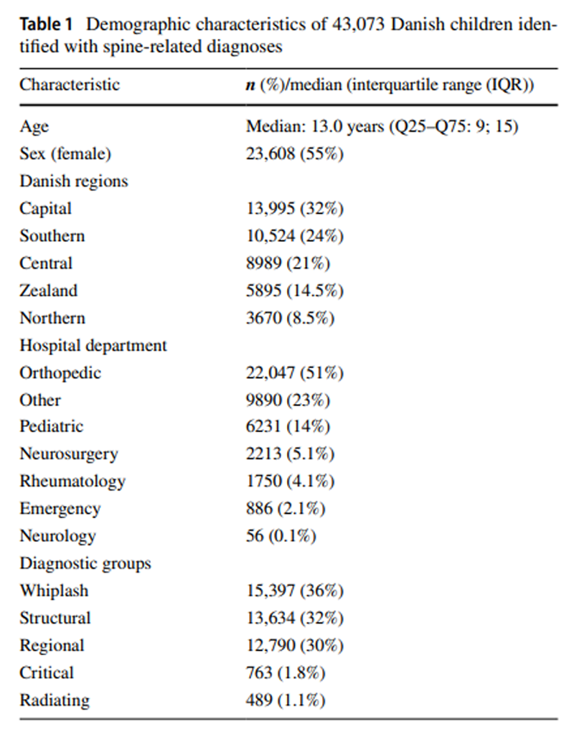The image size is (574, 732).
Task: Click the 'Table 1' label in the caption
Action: click(46, 24)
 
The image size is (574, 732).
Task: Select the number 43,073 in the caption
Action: click(358, 24)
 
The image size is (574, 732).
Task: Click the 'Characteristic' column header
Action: click(70, 85)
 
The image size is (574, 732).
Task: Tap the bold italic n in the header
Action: click(250, 85)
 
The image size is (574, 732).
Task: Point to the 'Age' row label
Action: click(34, 126)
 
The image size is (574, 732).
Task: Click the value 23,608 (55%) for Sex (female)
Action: click(295, 154)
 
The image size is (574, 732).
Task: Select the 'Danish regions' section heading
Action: click(74, 181)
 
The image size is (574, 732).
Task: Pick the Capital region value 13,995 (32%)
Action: click(295, 208)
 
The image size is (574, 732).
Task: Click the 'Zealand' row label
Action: click(49, 291)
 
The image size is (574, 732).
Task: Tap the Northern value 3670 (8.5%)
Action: click(291, 318)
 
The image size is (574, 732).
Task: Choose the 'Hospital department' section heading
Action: click(93, 345)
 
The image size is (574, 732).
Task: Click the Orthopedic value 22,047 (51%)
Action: click(295, 372)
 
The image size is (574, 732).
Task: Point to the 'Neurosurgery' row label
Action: click(69, 454)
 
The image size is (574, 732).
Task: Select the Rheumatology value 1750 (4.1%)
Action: click(291, 481)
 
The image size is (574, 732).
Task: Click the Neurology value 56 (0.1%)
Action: click(281, 535)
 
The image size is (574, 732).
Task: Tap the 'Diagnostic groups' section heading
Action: click(85, 563)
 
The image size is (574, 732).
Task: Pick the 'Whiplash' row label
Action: click(54, 591)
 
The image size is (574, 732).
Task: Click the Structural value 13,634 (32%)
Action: click(295, 618)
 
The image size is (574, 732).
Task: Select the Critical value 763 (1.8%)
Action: click(286, 672)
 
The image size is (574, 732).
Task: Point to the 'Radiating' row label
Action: click(55, 700)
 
